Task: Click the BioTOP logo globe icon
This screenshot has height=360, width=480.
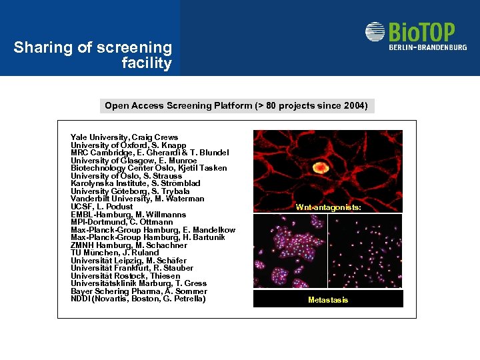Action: pyautogui.click(x=375, y=33)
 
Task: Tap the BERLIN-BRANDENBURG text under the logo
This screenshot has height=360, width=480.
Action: pyautogui.click(x=428, y=47)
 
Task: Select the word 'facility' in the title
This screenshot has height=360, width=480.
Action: pyautogui.click(x=147, y=63)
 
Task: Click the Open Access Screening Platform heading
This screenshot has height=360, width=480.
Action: pyautogui.click(x=236, y=105)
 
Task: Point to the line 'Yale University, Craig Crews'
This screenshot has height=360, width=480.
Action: pyautogui.click(x=124, y=137)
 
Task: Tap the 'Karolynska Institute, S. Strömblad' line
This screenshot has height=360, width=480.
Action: pyautogui.click(x=135, y=183)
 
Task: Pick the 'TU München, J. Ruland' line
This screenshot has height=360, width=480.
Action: pyautogui.click(x=114, y=253)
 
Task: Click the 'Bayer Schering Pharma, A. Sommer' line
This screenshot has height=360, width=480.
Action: pyautogui.click(x=139, y=291)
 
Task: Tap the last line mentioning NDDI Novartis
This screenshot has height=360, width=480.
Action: pyautogui.click(x=138, y=299)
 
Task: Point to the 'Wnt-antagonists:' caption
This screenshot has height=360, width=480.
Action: pyautogui.click(x=329, y=207)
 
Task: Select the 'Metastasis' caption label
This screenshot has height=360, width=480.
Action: pyautogui.click(x=328, y=300)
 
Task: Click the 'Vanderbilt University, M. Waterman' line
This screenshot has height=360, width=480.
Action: pyautogui.click(x=137, y=199)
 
